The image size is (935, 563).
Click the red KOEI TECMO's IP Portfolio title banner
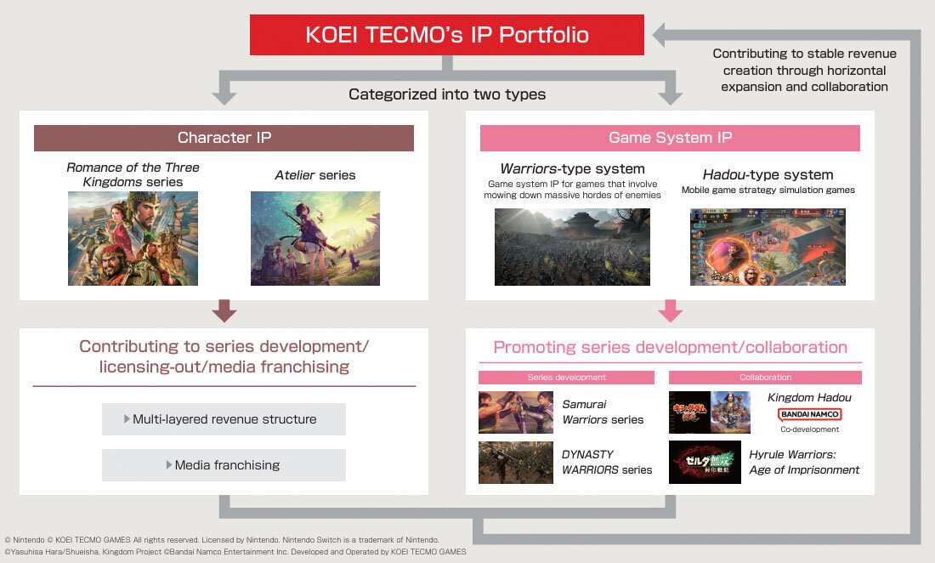446,35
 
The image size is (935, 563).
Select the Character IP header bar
224,138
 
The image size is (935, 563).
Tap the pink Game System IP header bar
670,138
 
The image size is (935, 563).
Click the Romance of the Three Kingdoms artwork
133,238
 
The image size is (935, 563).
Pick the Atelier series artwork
314,238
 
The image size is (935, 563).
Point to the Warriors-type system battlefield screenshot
572,247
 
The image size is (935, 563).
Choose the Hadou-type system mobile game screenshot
768,247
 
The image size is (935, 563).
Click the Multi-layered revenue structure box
224,419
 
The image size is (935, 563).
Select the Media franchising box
224,465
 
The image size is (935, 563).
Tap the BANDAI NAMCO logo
809,414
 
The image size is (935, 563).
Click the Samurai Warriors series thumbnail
516,412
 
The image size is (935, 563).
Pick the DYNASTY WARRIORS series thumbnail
516,462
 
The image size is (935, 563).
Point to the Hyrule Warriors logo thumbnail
705,462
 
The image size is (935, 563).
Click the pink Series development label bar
566,378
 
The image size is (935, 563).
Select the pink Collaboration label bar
765,378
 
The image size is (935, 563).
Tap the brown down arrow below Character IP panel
224,310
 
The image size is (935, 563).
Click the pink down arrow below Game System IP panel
671,310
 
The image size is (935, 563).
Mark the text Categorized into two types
447,94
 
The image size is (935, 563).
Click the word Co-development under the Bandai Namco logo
809,429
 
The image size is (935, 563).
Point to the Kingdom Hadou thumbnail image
710,412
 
